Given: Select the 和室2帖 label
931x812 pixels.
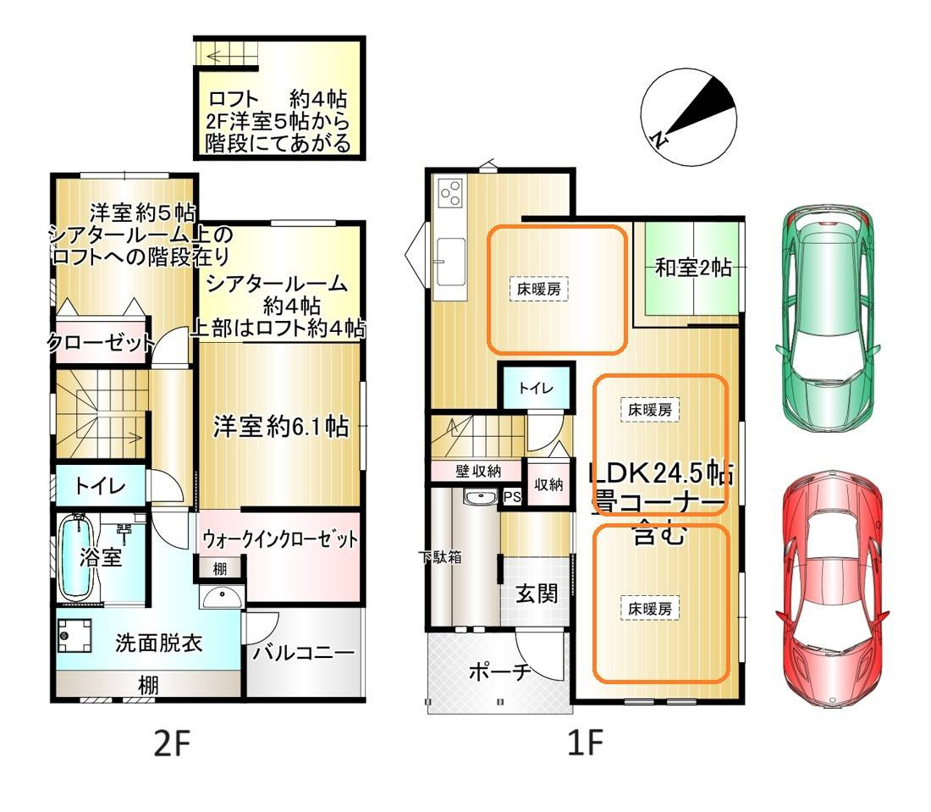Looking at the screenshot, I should tap(693, 268).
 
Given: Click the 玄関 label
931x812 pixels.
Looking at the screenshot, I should tap(537, 594).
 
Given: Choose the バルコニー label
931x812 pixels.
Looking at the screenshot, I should tap(303, 655).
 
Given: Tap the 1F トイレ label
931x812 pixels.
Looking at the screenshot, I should tap(535, 389).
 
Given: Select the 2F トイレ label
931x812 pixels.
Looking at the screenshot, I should tap(100, 486).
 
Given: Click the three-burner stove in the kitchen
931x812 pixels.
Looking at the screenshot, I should tap(450, 194).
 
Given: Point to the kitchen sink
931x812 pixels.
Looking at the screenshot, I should tap(449, 253).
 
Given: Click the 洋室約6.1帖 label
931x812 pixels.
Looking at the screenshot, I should tap(280, 426).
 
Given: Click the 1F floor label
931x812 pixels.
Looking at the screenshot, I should tap(584, 744).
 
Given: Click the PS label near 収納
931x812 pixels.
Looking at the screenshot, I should tap(511, 497).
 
